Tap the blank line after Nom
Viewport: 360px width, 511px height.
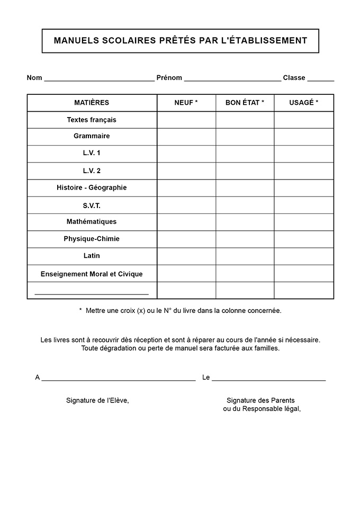(x=99, y=79)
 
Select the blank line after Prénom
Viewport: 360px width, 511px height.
(x=232, y=79)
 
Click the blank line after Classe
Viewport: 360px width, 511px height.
(x=320, y=79)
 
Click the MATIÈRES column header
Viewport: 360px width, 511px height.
(x=92, y=103)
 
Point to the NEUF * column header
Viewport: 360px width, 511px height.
(x=186, y=103)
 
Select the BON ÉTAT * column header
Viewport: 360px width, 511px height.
(x=245, y=103)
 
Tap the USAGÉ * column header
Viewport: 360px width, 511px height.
(x=304, y=103)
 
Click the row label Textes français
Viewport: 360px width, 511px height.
(x=92, y=120)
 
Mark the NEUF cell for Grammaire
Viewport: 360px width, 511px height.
(x=186, y=137)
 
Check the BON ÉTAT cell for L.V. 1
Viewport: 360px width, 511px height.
(x=245, y=154)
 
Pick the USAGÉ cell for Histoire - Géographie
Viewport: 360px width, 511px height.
(x=304, y=188)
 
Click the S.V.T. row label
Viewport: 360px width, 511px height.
(x=92, y=205)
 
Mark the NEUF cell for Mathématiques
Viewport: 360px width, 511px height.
(x=186, y=222)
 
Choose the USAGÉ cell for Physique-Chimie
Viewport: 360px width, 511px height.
(x=304, y=239)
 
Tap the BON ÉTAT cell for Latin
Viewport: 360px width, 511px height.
(x=245, y=256)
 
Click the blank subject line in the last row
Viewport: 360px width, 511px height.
(x=92, y=292)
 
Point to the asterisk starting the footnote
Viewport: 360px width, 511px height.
(x=80, y=310)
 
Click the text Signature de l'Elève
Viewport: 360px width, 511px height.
(x=97, y=400)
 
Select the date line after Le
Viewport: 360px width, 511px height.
(x=268, y=379)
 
